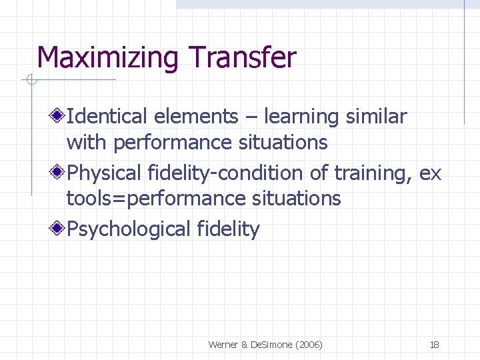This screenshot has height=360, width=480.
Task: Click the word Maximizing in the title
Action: [x=107, y=58]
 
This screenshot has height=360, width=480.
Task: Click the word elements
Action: [x=195, y=117]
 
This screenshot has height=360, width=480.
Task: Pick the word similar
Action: [x=376, y=117]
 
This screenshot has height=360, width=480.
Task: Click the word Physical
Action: [x=105, y=173]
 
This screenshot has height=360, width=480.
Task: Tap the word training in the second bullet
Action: [x=373, y=173]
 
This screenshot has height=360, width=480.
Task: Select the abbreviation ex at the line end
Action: [x=431, y=174]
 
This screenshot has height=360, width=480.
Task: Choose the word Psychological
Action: [x=130, y=230]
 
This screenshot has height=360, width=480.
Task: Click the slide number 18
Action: [x=434, y=345]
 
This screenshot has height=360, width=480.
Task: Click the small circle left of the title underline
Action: [x=30, y=81]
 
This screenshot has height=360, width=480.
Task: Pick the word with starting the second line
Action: [x=87, y=142]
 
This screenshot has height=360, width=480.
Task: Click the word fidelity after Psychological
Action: [x=229, y=229]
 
